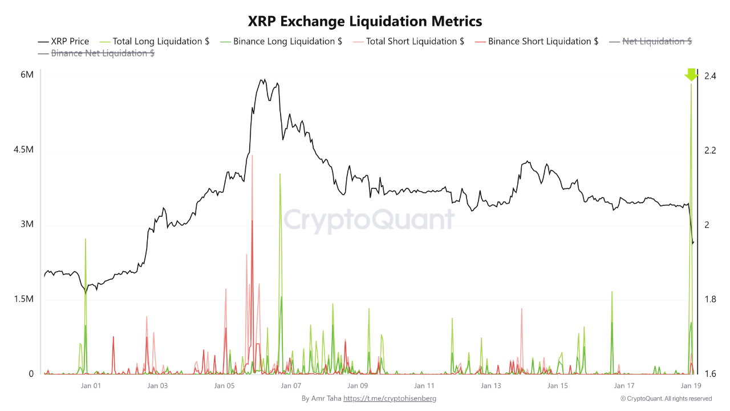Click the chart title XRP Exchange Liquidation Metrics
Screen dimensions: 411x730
point(365,21)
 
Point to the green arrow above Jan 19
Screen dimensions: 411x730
point(691,74)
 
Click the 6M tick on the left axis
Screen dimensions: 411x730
point(27,75)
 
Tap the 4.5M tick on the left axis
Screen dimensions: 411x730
point(24,150)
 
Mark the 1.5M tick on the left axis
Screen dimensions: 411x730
point(24,299)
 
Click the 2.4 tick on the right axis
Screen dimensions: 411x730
point(710,75)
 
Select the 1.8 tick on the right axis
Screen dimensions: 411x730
point(710,299)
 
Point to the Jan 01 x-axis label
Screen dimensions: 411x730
point(91,386)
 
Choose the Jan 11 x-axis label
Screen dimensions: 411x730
point(424,386)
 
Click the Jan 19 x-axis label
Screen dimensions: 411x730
point(691,386)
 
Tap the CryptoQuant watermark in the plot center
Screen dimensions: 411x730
point(369,220)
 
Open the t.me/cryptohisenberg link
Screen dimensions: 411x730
point(390,398)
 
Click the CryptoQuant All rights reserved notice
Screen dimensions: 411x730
point(666,398)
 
